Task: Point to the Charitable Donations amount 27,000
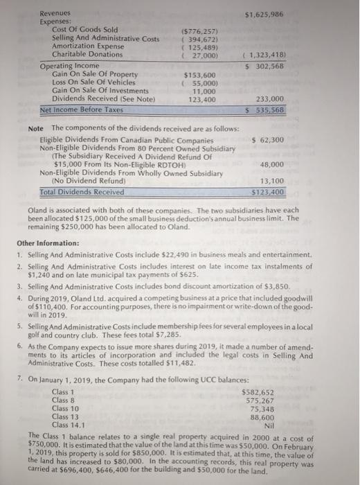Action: coord(203,54)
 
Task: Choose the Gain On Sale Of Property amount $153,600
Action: coord(201,75)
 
